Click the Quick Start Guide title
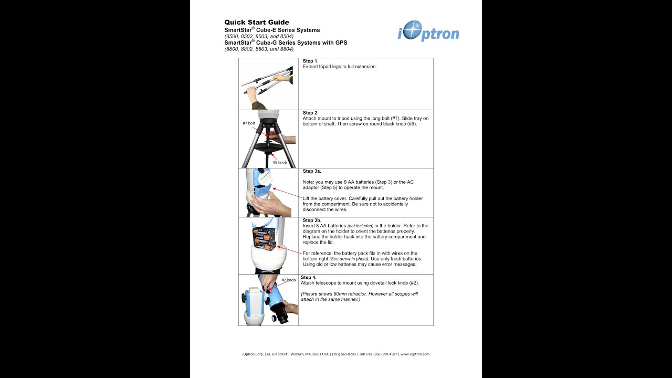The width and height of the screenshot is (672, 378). (256, 22)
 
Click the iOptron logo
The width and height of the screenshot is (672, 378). (428, 31)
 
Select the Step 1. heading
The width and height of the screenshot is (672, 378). (311, 61)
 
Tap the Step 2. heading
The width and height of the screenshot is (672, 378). (311, 113)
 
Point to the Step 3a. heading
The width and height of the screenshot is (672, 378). (312, 171)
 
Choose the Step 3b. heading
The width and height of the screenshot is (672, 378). (312, 220)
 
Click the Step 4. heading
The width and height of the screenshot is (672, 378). (309, 277)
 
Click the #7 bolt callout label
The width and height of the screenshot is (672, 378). (249, 123)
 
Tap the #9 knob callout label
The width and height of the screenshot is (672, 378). (279, 162)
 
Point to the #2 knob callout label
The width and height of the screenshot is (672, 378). (288, 280)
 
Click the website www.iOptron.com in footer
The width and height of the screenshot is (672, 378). (415, 354)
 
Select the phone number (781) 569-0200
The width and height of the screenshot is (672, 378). (343, 354)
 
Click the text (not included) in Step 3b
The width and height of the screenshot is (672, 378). (360, 226)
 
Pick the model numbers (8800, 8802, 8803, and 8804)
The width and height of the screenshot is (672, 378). (259, 49)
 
